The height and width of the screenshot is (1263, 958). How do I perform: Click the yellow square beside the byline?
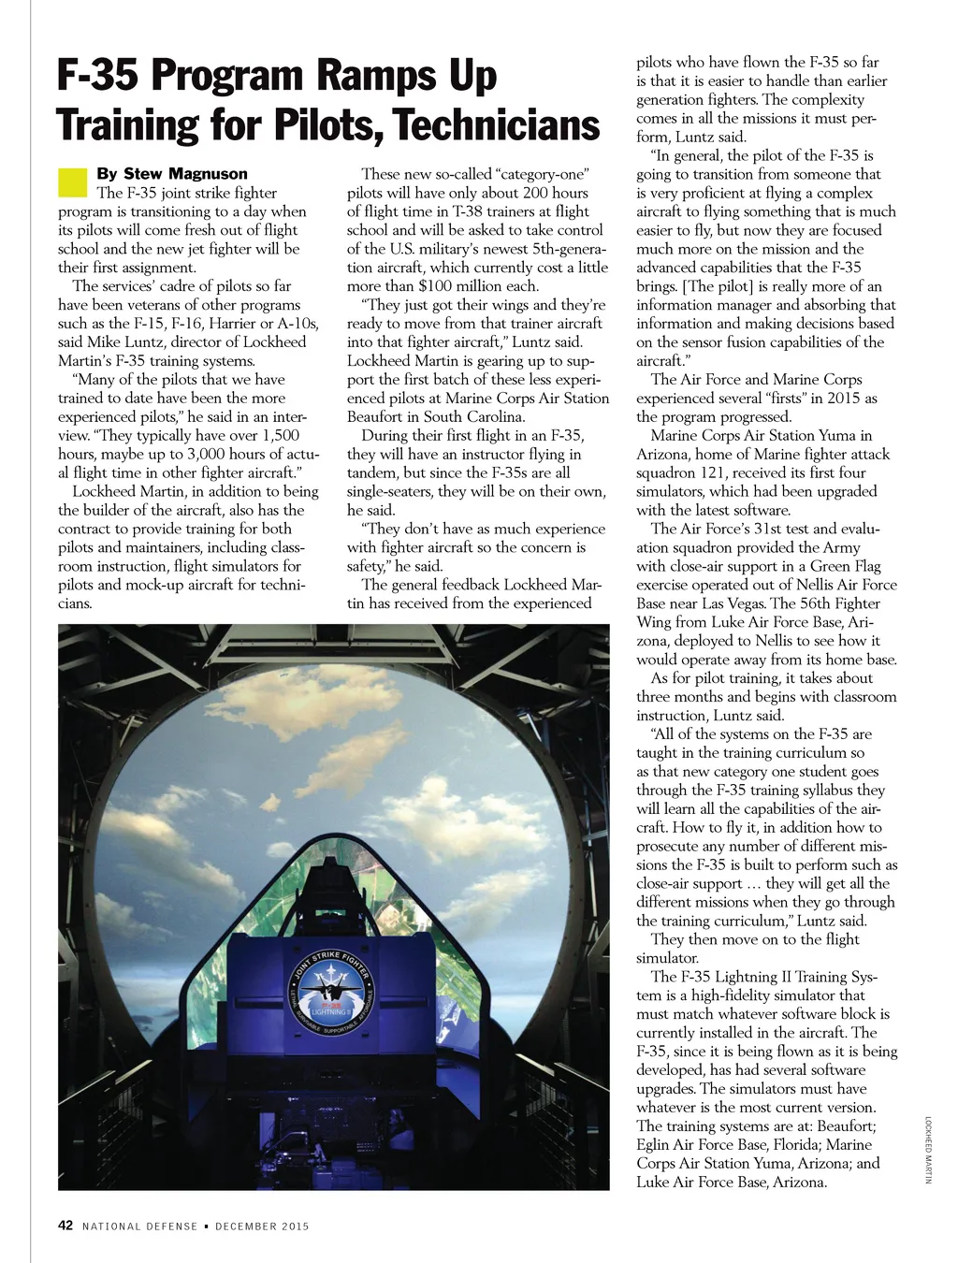pyautogui.click(x=72, y=182)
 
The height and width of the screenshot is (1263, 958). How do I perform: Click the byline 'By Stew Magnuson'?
pyautogui.click(x=172, y=174)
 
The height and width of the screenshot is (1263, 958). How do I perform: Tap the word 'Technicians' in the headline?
pyautogui.click(x=497, y=125)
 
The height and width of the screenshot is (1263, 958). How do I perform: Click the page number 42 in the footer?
pyautogui.click(x=65, y=1226)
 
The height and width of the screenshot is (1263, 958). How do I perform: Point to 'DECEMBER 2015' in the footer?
pyautogui.click(x=262, y=1227)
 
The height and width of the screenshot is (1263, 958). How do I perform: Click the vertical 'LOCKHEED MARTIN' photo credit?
pyautogui.click(x=929, y=1150)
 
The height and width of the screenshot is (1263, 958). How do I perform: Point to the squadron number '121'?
pyautogui.click(x=718, y=473)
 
